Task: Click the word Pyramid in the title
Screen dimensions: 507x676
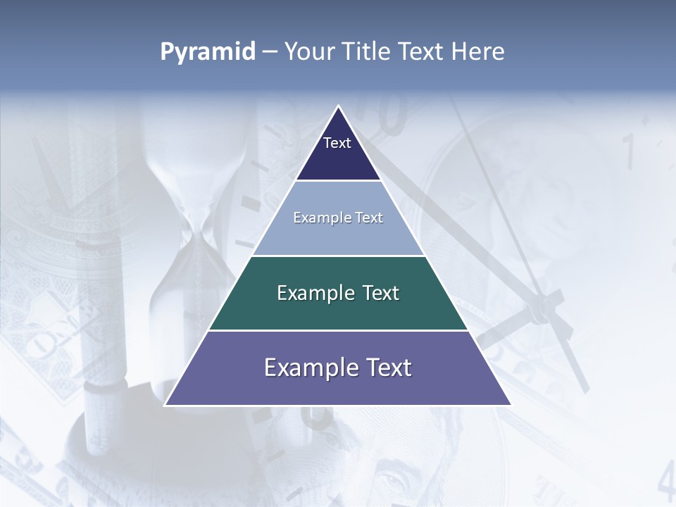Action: coord(208,52)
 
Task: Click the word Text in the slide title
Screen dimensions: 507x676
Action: coord(422,52)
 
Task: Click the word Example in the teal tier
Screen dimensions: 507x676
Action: coord(310,293)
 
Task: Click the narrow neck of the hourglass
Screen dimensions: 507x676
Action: coord(197,232)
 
